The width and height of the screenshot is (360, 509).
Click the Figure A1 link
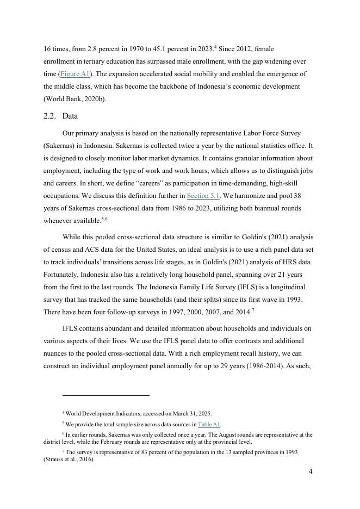tap(75, 74)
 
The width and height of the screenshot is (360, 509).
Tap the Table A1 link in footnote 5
tap(209, 425)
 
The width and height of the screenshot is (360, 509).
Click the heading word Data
tap(71, 116)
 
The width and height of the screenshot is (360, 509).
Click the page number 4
tap(311, 471)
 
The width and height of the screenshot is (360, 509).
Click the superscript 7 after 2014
tap(253, 311)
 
